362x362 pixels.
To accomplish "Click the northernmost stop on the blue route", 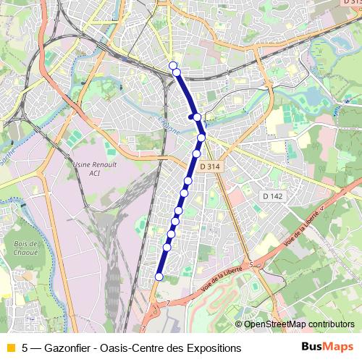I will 173,66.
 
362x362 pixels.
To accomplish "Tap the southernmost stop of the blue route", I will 159,276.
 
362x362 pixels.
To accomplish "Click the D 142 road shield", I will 272,196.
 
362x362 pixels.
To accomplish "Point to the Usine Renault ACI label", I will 90,168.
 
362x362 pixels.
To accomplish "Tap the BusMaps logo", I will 327,347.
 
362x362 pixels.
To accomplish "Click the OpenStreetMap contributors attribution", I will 298,324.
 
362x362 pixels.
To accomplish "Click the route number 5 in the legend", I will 26,348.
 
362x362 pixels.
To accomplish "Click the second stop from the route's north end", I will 176,72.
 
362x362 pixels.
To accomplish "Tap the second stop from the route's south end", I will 167,248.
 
